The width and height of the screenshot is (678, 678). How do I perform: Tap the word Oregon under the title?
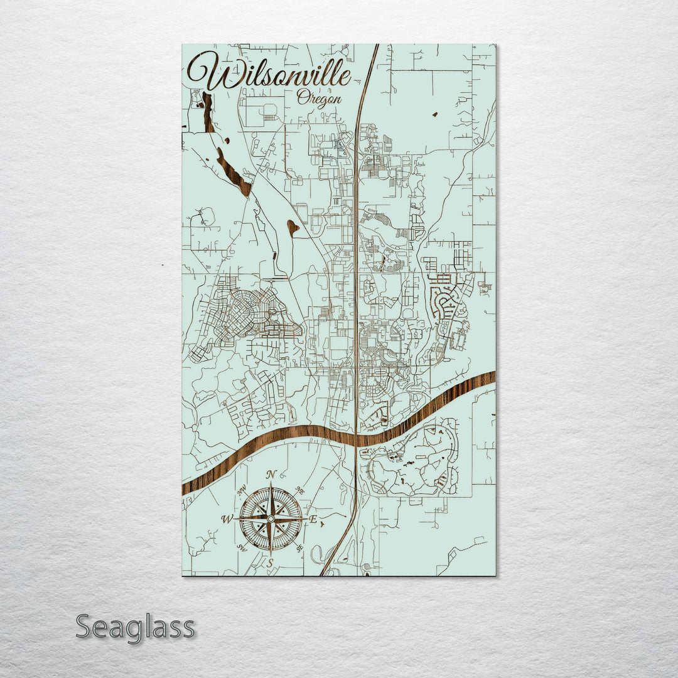click(320, 99)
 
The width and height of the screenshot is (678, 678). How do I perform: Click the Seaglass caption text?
click(135, 627)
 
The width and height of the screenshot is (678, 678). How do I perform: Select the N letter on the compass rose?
click(271, 475)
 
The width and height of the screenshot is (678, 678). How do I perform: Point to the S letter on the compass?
click(271, 563)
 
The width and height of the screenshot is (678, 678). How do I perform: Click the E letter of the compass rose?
click(313, 520)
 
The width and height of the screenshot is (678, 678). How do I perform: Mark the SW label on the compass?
click(242, 548)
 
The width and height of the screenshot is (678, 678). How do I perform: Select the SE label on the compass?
click(299, 548)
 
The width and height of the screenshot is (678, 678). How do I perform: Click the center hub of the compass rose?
click(271, 519)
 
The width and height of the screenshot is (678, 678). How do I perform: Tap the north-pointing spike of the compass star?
click(271, 496)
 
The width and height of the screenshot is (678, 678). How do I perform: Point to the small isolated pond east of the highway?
click(434, 114)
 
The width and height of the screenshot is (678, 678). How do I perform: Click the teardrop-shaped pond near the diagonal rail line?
click(293, 227)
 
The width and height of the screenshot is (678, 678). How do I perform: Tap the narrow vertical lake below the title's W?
click(208, 112)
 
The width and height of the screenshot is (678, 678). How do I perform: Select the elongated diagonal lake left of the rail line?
click(232, 170)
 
